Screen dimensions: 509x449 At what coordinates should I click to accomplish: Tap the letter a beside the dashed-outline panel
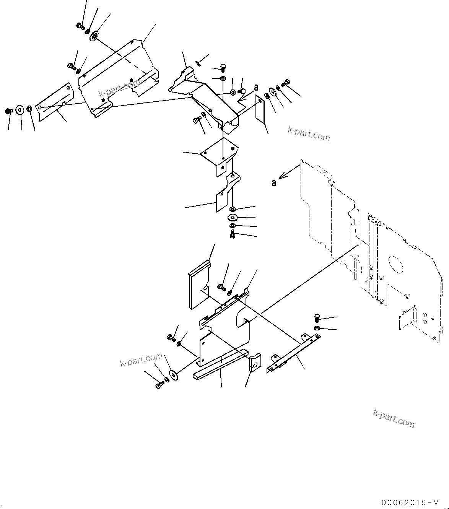coord(274,183)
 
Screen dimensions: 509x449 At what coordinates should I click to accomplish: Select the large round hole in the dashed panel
coord(395,264)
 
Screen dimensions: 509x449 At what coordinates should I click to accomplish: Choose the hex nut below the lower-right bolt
coord(317,328)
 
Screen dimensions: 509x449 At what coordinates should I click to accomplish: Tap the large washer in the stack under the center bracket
coord(233,218)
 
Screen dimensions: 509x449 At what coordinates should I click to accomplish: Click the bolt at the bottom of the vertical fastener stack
coord(233,235)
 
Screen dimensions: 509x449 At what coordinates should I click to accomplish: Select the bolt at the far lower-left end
coord(159,386)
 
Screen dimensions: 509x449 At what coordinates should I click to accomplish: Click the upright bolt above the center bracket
coord(223,68)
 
